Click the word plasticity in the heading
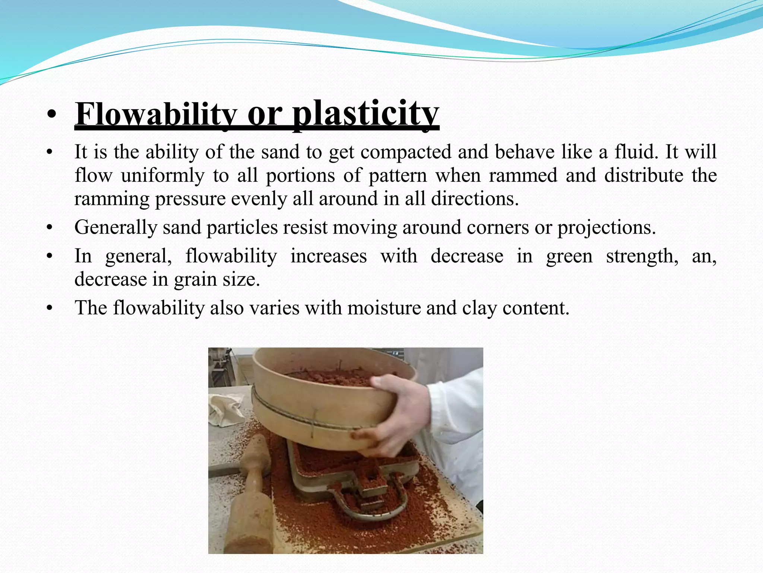pos(365,114)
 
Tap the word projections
pos(606,227)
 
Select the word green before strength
pos(569,256)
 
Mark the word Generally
pos(115,227)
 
